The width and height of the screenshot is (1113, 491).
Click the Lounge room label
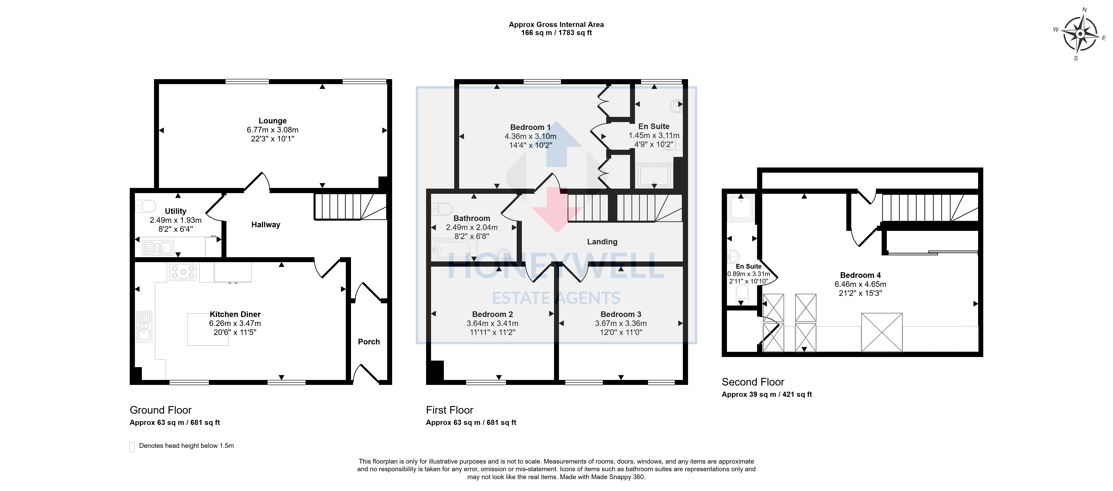pyautogui.click(x=273, y=121)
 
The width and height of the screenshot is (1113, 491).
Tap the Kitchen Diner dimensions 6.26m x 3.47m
pyautogui.click(x=235, y=324)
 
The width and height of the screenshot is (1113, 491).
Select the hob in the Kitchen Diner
pyautogui.click(x=183, y=272)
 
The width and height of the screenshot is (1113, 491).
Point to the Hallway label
pyautogui.click(x=266, y=225)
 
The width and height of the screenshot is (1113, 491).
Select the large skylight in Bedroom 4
pyautogui.click(x=882, y=332)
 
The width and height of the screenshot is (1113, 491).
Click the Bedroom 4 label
pyautogui.click(x=860, y=275)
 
